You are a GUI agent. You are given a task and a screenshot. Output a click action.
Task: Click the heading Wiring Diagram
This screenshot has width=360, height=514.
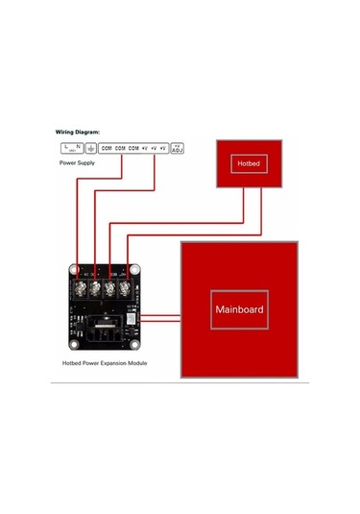[80, 132]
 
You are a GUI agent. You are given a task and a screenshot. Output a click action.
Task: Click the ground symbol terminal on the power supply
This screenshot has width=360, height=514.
[90, 148]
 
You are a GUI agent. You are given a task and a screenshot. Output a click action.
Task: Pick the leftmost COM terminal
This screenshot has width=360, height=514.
[107, 148]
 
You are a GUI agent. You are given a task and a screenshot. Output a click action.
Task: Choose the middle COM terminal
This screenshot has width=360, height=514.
[121, 148]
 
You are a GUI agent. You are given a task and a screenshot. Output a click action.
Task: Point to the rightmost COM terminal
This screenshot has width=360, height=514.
[134, 148]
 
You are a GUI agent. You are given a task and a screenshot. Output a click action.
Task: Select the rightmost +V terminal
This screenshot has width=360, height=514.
[163, 148]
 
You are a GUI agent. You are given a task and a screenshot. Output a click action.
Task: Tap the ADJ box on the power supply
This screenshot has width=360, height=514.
[177, 148]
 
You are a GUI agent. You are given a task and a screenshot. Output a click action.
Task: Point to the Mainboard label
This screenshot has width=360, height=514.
[238, 310]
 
